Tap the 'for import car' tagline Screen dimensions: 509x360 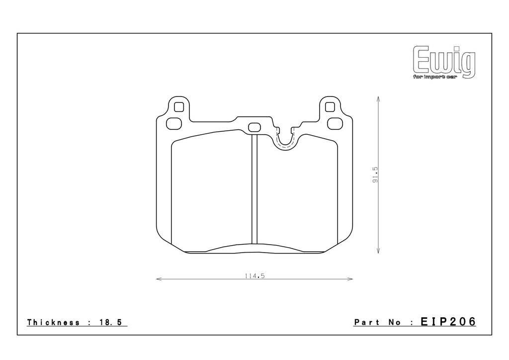(x=435, y=77)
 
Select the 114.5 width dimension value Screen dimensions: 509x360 (x=255, y=276)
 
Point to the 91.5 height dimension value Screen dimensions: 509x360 (x=375, y=175)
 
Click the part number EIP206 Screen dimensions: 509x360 (x=448, y=322)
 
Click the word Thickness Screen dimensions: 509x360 (x=53, y=322)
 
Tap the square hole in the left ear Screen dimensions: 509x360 (x=179, y=107)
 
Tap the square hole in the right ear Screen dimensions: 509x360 (x=330, y=106)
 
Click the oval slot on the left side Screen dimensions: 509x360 (x=173, y=124)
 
